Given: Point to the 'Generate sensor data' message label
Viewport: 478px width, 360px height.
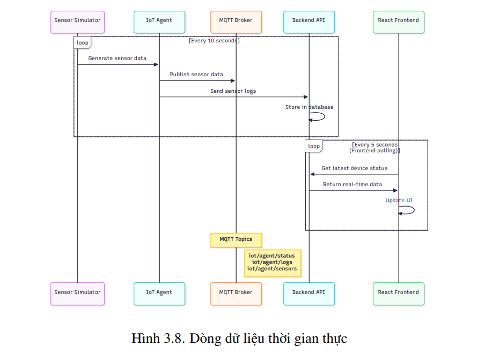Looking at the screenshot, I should click(x=117, y=58).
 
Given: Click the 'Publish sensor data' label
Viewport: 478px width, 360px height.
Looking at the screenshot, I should click(x=196, y=75).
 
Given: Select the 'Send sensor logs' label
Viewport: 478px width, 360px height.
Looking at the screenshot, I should click(x=233, y=91).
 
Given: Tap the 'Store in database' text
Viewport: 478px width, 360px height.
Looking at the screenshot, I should click(x=309, y=107).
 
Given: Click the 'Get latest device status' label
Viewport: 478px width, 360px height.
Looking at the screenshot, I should click(x=354, y=168).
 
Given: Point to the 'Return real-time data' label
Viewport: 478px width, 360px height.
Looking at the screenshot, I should click(x=352, y=185).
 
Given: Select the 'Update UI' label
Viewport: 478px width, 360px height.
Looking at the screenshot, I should click(x=399, y=201).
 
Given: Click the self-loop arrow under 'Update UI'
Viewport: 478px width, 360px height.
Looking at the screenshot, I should click(x=408, y=210).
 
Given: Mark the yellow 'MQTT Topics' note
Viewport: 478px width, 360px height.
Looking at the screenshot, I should click(x=236, y=239).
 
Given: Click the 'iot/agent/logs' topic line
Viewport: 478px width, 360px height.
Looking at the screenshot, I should click(x=272, y=262).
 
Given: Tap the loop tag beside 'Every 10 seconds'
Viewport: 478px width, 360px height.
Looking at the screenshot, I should click(x=83, y=43).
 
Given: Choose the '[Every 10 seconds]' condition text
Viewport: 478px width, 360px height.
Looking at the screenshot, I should click(x=214, y=41).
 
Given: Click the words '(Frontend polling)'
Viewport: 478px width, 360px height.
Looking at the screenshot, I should click(x=374, y=151).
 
